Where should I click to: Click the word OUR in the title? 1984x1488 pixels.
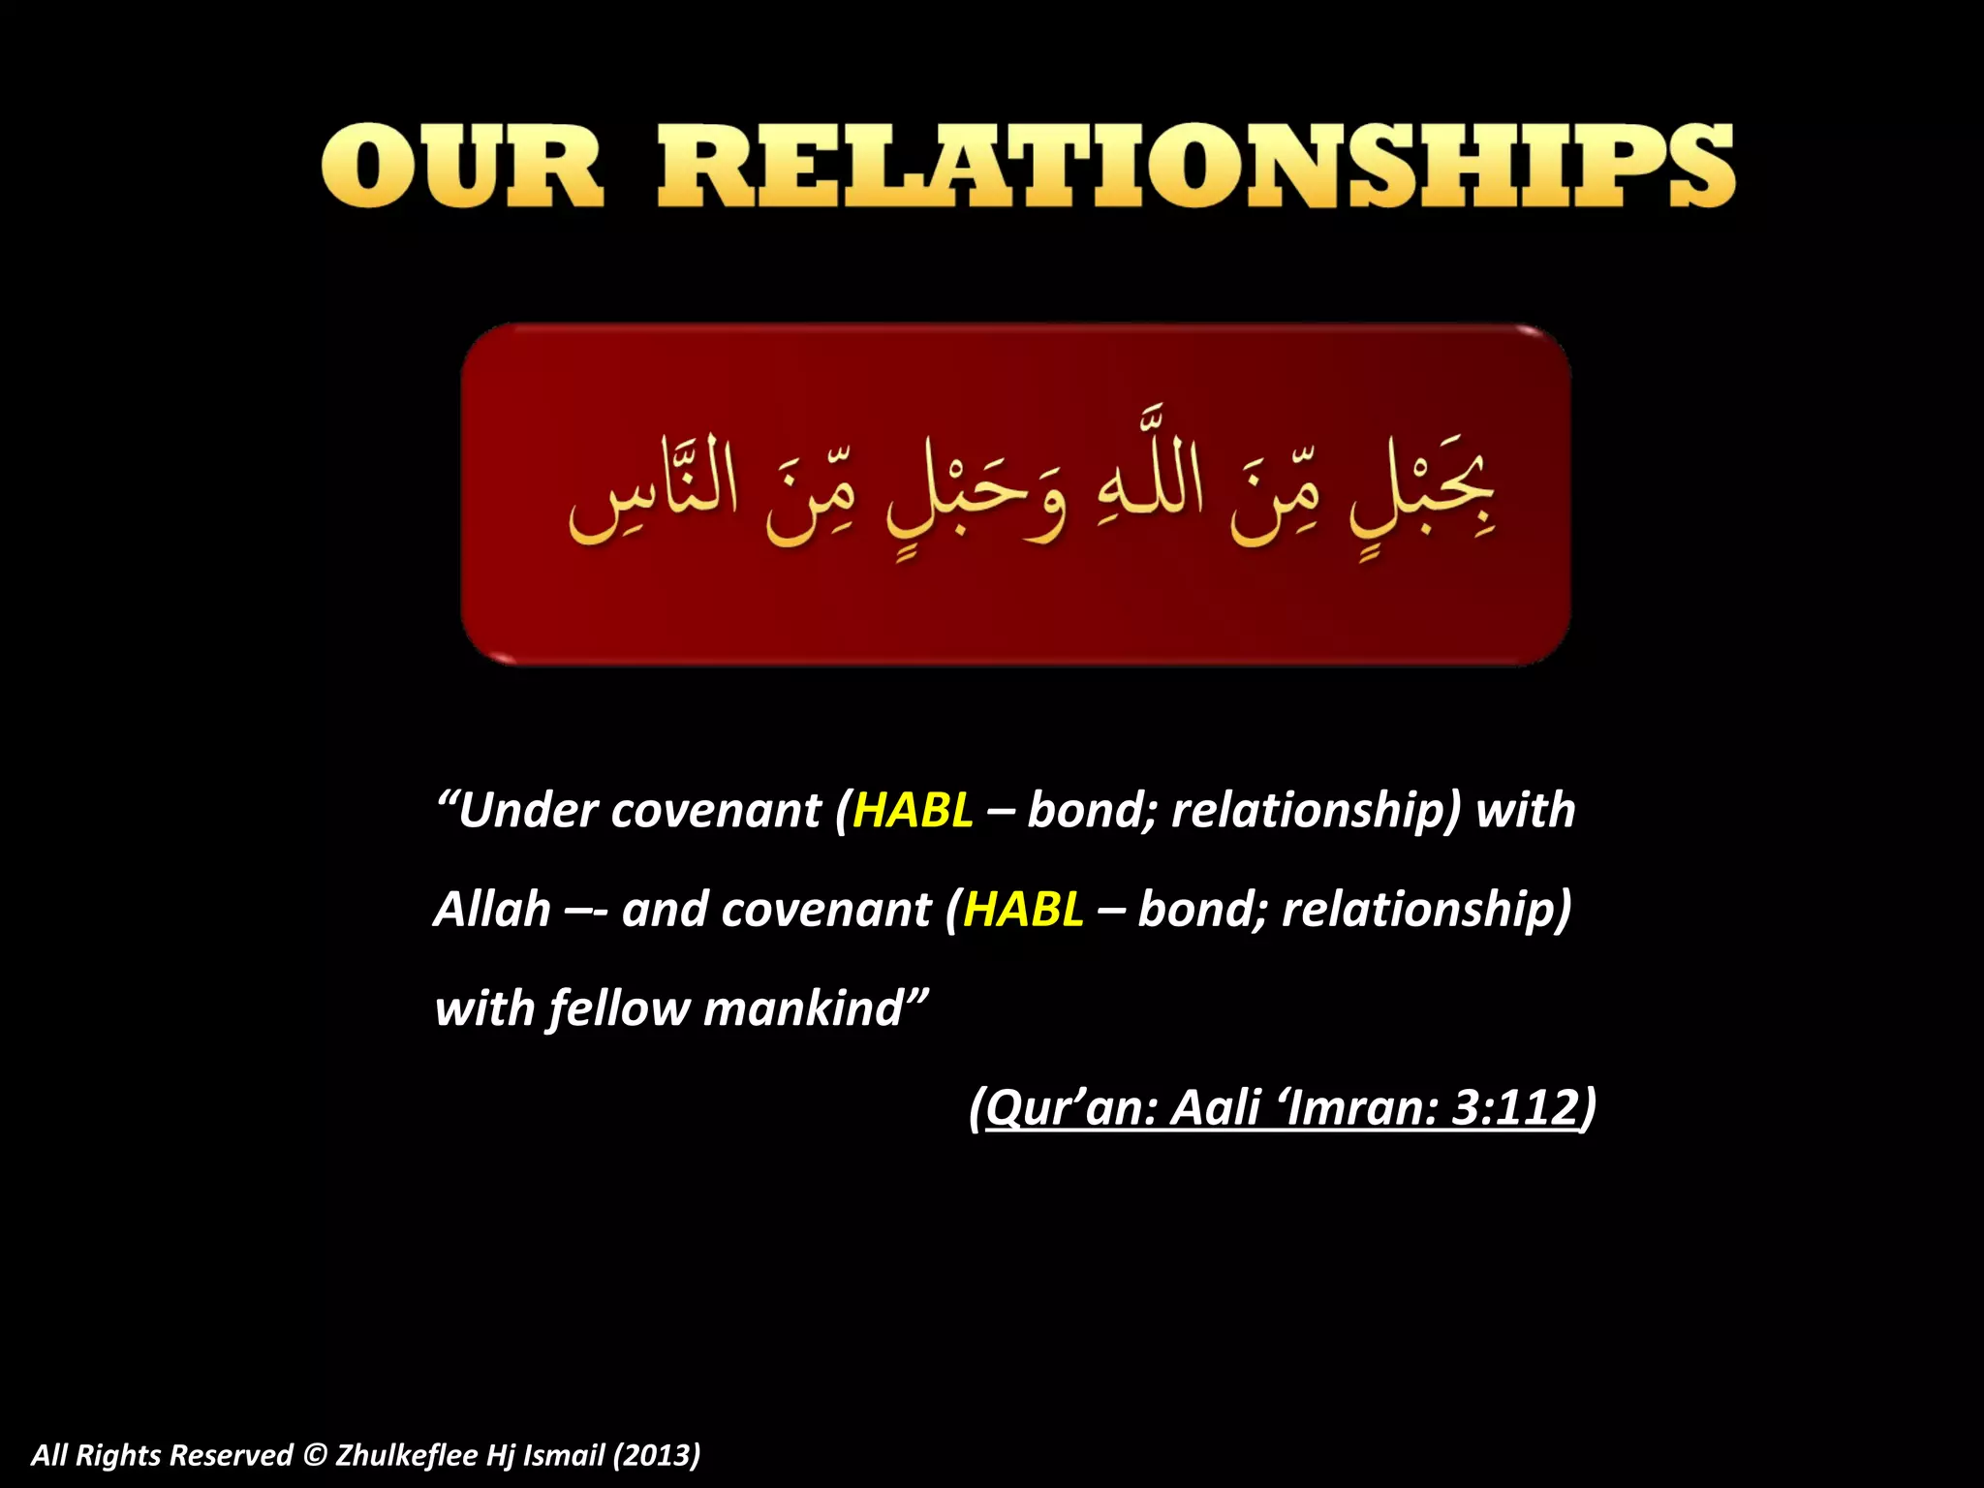tap(463, 167)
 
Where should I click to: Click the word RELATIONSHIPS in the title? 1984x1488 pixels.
tap(1196, 167)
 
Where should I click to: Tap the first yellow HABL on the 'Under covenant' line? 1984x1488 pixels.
tap(913, 810)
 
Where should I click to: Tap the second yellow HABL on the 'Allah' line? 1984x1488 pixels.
tap(1023, 910)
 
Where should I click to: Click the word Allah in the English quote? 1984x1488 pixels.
tap(492, 910)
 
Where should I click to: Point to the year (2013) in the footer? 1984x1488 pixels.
tap(656, 1455)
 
